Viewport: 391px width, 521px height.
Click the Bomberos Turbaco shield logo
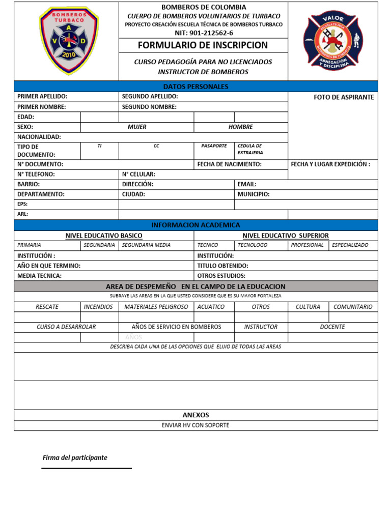point(69,41)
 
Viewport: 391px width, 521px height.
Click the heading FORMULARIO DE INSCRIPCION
point(203,45)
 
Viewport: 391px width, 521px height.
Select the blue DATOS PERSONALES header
point(195,86)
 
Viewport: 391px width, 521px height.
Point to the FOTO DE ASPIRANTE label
point(344,97)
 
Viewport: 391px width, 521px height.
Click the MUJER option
point(137,127)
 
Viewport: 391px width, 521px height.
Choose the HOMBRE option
point(240,127)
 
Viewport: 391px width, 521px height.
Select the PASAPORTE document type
point(214,146)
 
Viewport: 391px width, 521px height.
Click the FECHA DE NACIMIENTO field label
point(229,164)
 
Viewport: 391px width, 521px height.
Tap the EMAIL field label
point(247,184)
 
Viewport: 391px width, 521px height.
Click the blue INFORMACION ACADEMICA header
point(195,225)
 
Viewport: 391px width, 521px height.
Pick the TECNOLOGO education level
point(253,245)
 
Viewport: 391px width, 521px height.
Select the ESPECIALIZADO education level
point(350,245)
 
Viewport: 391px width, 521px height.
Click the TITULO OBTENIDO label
point(223,266)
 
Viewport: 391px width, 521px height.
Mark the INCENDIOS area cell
point(99,307)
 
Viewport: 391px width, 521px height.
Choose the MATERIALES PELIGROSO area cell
point(156,307)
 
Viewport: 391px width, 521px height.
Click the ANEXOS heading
point(195,415)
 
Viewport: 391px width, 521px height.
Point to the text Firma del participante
point(75,457)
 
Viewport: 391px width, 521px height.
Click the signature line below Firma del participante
point(87,468)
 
